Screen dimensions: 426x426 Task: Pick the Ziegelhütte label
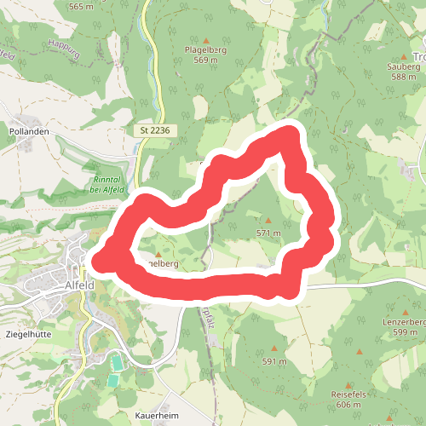28,335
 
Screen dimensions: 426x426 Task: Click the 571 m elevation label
268,232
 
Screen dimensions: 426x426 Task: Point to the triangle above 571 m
268,221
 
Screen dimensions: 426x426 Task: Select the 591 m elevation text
274,361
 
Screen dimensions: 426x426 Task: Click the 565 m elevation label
80,7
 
